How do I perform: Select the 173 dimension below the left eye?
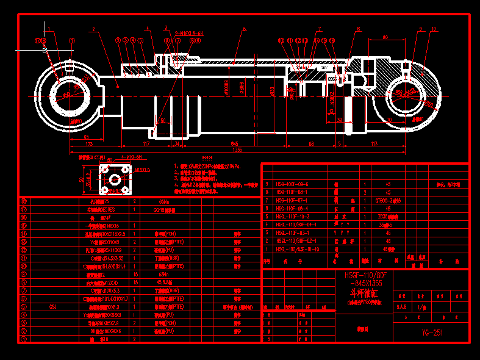click(x=90, y=144)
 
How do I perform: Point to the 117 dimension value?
click(x=146, y=144)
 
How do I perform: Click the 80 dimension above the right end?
click(x=385, y=38)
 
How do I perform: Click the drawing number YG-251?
click(x=432, y=333)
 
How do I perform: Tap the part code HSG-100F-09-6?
click(x=292, y=184)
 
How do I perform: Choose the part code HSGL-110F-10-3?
click(x=293, y=216)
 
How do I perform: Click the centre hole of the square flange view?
click(x=113, y=180)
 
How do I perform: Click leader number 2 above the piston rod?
click(x=93, y=29)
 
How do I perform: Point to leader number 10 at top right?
click(x=434, y=29)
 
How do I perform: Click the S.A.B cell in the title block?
click(x=402, y=307)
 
